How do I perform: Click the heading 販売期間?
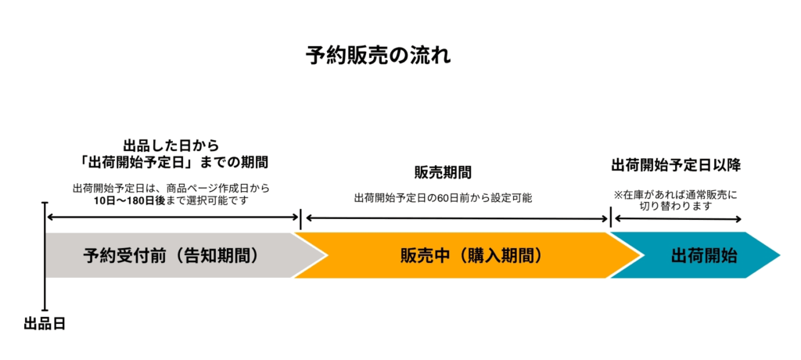(x=443, y=172)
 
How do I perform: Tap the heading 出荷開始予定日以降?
(x=676, y=165)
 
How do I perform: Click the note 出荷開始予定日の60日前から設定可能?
(x=443, y=197)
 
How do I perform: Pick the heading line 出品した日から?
(x=171, y=146)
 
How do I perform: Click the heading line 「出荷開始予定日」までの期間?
(x=171, y=163)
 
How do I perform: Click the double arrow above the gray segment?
(x=172, y=217)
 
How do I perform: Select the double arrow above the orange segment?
(x=455, y=218)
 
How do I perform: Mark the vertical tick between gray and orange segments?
(x=300, y=219)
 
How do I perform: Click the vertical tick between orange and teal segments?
(x=610, y=219)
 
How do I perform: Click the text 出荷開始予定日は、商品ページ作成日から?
(x=171, y=188)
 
